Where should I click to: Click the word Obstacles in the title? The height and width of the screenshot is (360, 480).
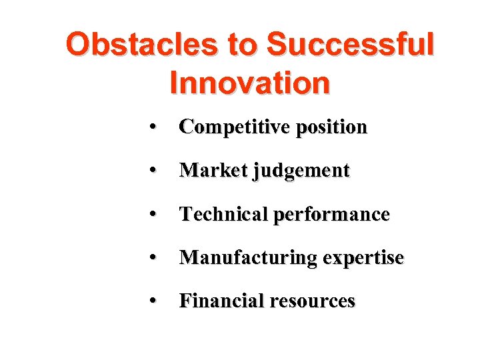142,45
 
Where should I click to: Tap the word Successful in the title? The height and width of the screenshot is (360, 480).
350,45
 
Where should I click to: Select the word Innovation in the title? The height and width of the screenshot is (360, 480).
250,83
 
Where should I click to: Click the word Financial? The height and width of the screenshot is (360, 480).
221,301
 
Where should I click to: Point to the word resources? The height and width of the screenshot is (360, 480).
312,301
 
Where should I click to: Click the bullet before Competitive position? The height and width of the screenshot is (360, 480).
153,127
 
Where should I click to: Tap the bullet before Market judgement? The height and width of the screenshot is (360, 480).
153,171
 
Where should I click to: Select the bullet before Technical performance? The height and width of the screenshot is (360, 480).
153,215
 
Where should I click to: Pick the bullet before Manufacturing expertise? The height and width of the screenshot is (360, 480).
153,258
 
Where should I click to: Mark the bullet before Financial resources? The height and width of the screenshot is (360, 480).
153,301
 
